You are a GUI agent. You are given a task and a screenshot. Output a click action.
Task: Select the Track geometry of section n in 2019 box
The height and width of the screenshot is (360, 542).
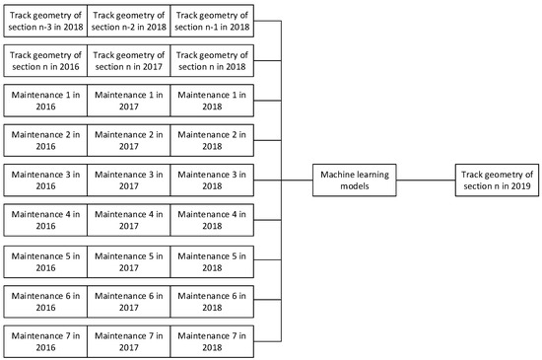coord(498,180)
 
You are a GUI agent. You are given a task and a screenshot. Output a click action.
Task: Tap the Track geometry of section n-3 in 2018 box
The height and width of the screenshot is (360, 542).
coord(45,18)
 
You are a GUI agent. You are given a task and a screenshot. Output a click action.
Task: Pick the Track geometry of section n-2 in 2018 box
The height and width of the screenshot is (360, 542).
coord(128,18)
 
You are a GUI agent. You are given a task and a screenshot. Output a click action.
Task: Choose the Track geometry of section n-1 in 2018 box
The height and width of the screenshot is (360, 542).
coord(212,18)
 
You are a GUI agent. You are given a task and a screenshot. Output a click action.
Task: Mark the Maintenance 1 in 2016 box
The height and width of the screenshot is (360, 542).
coord(45,99)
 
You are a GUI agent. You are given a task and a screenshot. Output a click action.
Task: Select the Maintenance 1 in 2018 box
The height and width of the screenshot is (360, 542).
coord(212,99)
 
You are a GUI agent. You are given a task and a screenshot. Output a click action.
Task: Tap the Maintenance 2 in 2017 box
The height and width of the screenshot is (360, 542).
coord(128,139)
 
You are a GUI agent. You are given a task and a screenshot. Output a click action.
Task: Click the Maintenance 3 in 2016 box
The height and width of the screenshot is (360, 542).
coord(45,180)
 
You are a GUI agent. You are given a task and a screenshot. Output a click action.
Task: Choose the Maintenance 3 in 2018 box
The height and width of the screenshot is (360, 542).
coord(212,180)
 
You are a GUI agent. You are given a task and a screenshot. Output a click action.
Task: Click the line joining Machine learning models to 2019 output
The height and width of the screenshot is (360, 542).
coord(426,180)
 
